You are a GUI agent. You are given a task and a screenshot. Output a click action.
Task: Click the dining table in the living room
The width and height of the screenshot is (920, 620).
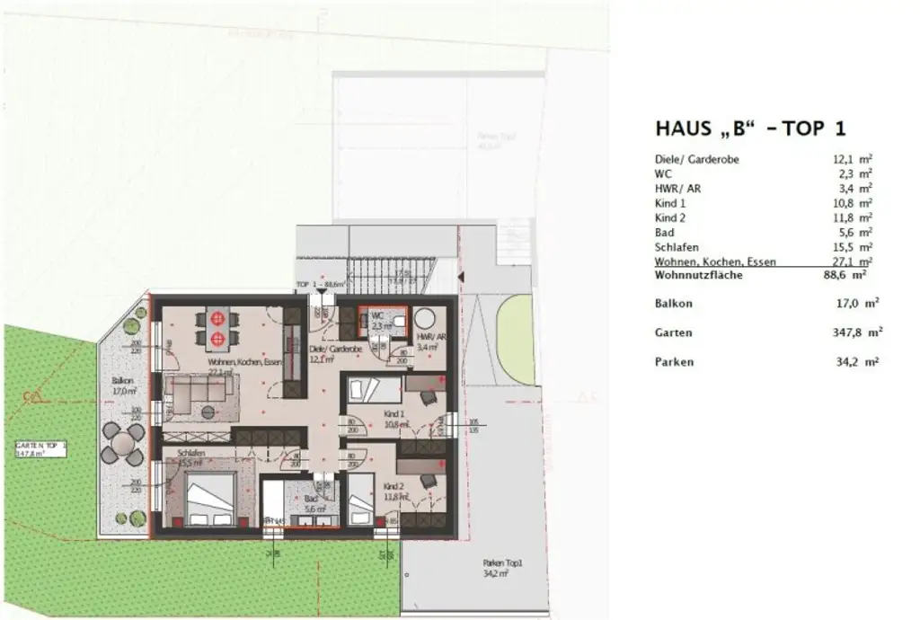point(217,328)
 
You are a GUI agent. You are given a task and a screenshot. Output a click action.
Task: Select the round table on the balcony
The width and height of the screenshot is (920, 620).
point(121,444)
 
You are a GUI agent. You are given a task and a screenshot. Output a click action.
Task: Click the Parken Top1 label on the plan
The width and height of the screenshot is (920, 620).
point(502,563)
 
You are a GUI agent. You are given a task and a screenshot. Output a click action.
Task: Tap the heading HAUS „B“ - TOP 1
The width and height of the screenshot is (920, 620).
point(750,128)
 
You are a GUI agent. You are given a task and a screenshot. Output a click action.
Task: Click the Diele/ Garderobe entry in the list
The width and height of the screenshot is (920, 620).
point(697,159)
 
